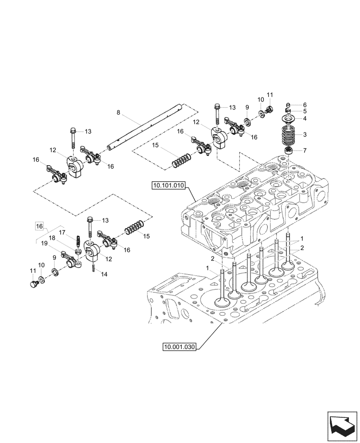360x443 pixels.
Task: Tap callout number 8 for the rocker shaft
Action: pyautogui.click(x=118, y=113)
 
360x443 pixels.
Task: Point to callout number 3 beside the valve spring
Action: pyautogui.click(x=305, y=135)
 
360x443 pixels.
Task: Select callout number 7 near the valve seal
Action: pyautogui.click(x=305, y=105)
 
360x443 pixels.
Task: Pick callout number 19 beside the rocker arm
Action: pyautogui.click(x=45, y=243)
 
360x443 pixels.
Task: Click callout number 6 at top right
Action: pyautogui.click(x=305, y=105)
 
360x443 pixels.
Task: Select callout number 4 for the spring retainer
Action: pyautogui.click(x=305, y=118)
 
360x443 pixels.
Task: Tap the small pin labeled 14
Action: pyautogui.click(x=94, y=268)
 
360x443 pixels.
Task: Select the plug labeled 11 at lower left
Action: pyautogui.click(x=34, y=284)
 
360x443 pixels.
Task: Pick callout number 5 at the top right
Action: pyautogui.click(x=305, y=111)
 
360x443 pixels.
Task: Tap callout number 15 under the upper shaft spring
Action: pyautogui.click(x=155, y=145)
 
